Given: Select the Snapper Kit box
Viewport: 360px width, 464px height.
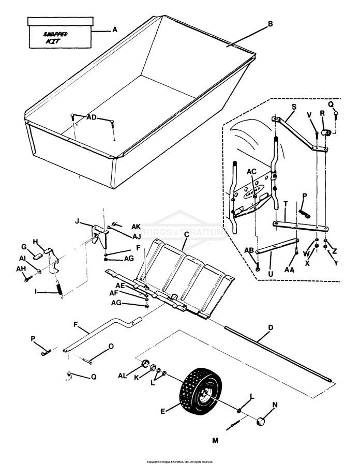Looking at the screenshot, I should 59,33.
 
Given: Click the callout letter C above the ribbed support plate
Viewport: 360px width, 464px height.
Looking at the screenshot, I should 186,234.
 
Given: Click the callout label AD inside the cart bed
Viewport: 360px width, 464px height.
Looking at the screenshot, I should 92,117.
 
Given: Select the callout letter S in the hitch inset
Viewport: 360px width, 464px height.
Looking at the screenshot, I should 293,107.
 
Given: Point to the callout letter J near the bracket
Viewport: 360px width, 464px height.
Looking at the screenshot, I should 77,221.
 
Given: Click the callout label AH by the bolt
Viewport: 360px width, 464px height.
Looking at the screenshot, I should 21,268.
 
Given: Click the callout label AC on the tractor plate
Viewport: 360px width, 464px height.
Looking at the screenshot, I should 251,171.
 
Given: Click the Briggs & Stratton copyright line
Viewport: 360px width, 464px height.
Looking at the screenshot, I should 179,461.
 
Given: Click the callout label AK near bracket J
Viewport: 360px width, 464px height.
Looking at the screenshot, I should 136,227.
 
